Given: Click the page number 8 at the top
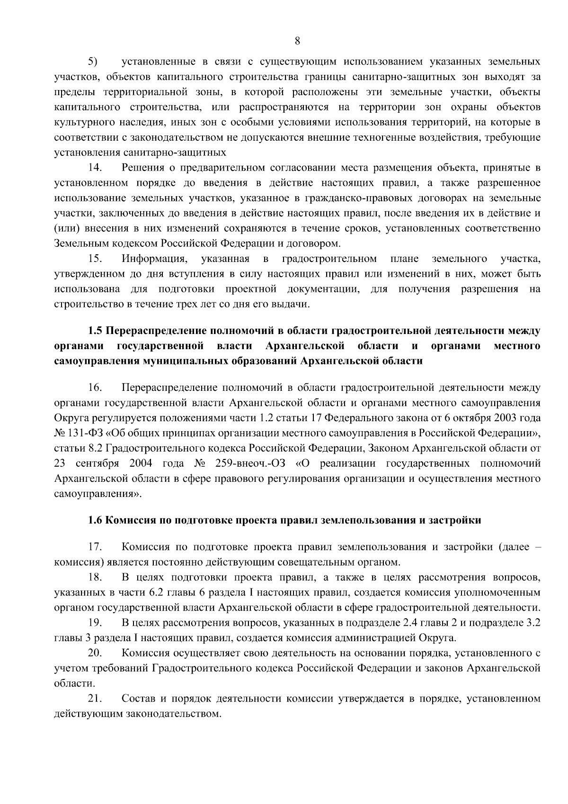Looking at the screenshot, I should point(297,41).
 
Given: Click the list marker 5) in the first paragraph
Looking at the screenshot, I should point(92,62).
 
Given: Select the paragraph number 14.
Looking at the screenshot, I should point(95,168).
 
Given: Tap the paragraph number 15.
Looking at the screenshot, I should point(95,259).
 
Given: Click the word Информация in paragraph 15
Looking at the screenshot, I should point(152,259).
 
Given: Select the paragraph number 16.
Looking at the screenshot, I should point(95,388).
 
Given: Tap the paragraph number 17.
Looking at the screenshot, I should point(95,547).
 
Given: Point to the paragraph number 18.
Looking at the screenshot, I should point(95,578).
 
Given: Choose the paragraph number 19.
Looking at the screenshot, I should point(95,623).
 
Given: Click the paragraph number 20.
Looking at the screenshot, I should point(95,653).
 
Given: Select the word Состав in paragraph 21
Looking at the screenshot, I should point(138,699).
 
